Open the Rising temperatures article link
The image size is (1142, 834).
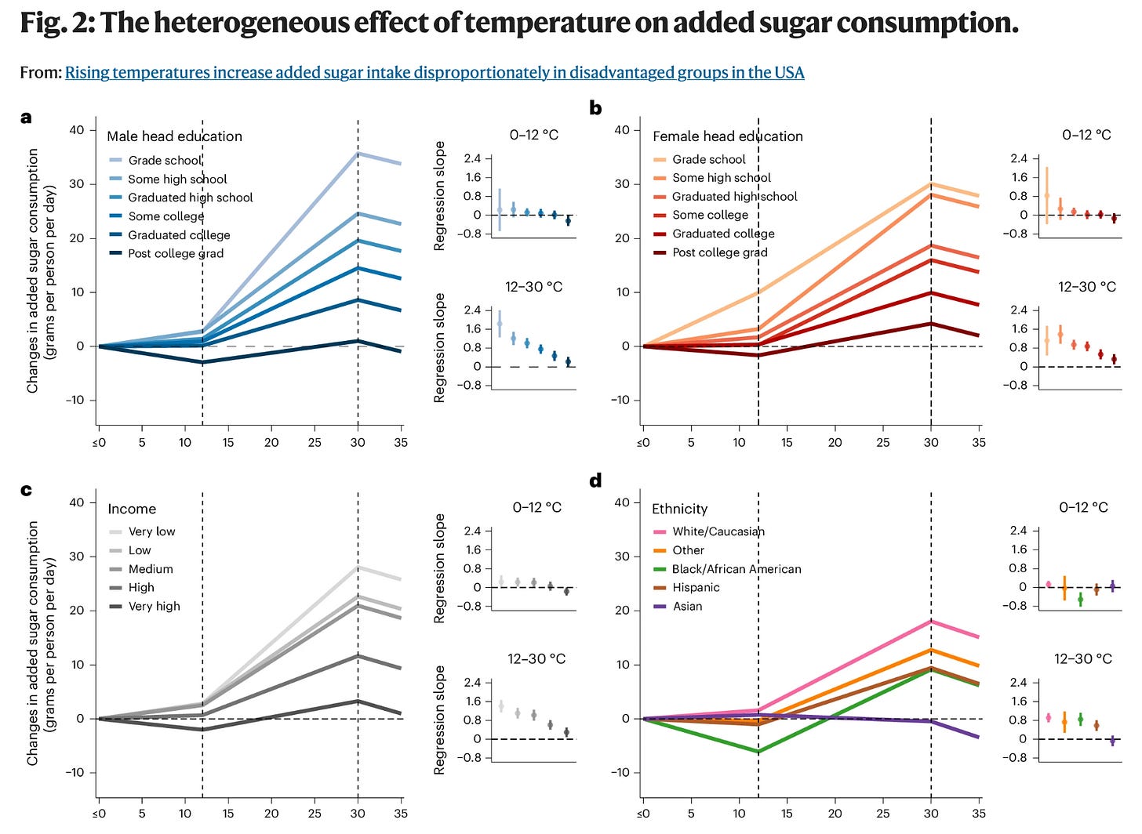435,73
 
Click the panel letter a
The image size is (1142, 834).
26,118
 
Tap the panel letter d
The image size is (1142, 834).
595,480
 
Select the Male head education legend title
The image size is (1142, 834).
174,136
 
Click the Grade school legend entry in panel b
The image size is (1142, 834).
708,159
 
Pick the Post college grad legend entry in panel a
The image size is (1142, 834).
175,253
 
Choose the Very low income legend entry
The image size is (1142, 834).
151,531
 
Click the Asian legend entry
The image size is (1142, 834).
687,606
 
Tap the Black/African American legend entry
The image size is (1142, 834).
736,569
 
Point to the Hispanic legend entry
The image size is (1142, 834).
695,587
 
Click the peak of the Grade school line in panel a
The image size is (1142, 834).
358,154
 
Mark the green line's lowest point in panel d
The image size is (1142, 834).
758,752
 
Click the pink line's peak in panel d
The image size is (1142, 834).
932,622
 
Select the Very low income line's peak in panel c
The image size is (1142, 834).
358,567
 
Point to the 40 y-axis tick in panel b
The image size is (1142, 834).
622,130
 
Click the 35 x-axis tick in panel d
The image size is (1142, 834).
979,814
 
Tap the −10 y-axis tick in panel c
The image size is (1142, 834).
75,773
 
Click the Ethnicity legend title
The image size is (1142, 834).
679,509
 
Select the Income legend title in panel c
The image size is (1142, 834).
132,509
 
